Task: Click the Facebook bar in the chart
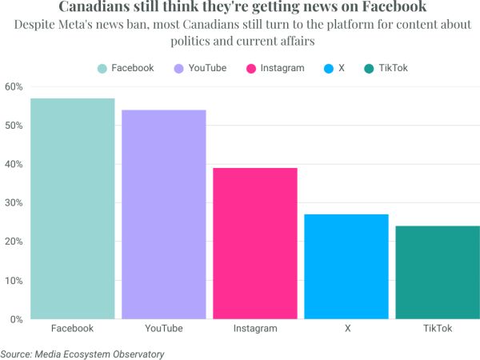pyautogui.click(x=72, y=208)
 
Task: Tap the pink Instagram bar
pyautogui.click(x=255, y=243)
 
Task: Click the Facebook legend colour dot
pyautogui.click(x=102, y=68)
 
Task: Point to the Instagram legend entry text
pyautogui.click(x=282, y=68)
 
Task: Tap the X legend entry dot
pyautogui.click(x=328, y=68)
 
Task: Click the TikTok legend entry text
pyautogui.click(x=394, y=68)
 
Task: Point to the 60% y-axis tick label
pyautogui.click(x=14, y=86)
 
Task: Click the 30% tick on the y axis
pyautogui.click(x=14, y=203)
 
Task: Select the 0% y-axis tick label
pyautogui.click(x=16, y=319)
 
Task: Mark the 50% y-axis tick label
pyautogui.click(x=14, y=126)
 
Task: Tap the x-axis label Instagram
pyautogui.click(x=255, y=329)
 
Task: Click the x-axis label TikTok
pyautogui.click(x=438, y=329)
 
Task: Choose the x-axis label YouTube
pyautogui.click(x=163, y=329)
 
